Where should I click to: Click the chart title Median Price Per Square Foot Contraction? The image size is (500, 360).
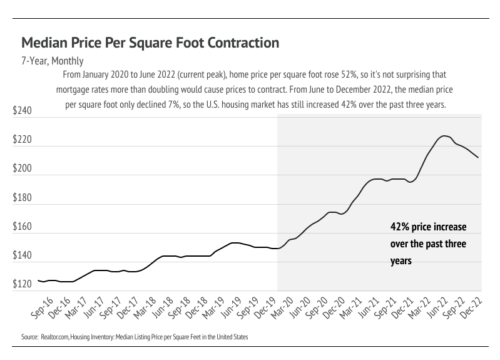point(150,43)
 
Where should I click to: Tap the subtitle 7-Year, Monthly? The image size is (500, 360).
point(53,61)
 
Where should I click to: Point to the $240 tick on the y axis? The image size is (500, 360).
point(22,111)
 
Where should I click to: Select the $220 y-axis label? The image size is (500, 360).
point(22,140)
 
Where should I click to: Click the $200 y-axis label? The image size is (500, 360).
point(22,169)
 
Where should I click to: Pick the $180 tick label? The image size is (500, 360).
point(22,198)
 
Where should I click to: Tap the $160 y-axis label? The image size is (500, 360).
point(22,227)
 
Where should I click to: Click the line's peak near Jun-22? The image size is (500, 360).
point(444,136)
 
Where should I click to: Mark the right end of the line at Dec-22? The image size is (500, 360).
point(478,158)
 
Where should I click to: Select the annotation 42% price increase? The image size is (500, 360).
point(428,227)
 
